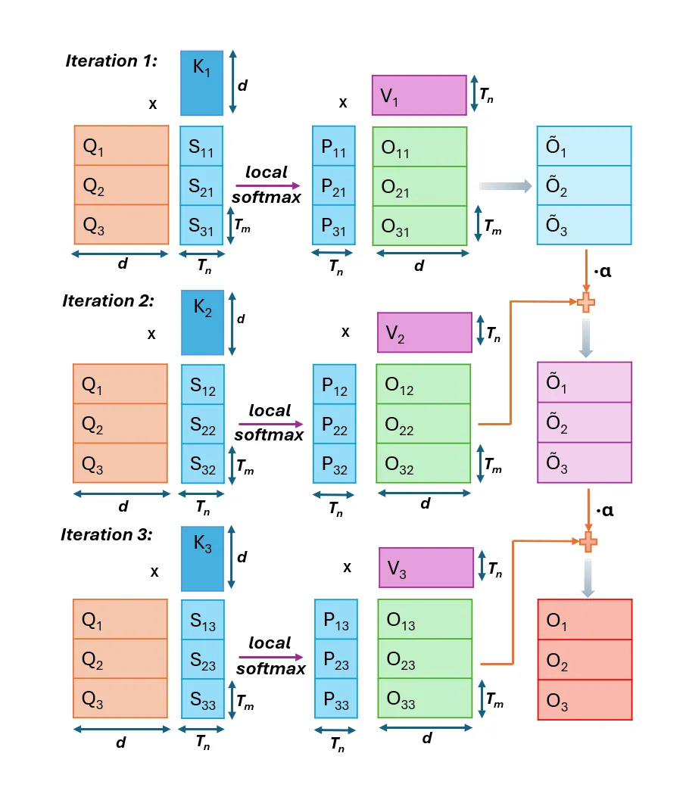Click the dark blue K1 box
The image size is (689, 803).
click(x=201, y=83)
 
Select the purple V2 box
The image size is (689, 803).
click(x=424, y=332)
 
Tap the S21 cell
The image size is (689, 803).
click(x=201, y=185)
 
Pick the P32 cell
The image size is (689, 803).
click(x=335, y=463)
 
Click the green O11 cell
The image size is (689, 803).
click(x=419, y=147)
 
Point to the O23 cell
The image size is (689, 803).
click(x=425, y=658)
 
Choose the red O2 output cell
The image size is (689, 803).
click(x=585, y=660)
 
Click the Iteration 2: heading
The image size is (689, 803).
click(x=108, y=300)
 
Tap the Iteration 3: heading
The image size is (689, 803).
click(x=107, y=534)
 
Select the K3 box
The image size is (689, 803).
click(x=202, y=559)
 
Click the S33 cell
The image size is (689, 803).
click(x=203, y=699)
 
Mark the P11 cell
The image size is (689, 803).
click(x=334, y=146)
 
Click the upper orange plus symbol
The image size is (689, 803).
click(x=586, y=302)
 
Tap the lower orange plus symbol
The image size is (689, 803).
click(x=588, y=542)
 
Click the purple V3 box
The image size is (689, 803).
click(x=426, y=568)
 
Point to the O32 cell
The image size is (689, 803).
click(x=423, y=463)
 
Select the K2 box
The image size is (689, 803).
click(x=202, y=322)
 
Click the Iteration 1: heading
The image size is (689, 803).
click(x=111, y=61)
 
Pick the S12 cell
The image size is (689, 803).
click(x=203, y=384)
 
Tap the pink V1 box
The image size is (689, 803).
click(x=419, y=95)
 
